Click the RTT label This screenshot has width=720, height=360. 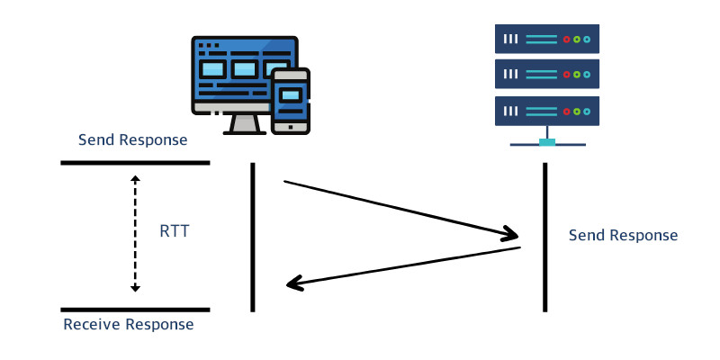[x=174, y=231]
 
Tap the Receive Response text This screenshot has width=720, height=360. [x=128, y=324]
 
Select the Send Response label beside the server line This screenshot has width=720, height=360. [x=623, y=235]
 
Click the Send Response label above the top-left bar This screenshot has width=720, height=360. [x=132, y=139]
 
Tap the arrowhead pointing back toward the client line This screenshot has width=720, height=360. [x=293, y=284]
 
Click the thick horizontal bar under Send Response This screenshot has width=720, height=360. [x=135, y=163]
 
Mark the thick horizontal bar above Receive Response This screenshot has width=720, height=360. [x=135, y=309]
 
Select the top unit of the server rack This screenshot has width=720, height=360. [x=546, y=40]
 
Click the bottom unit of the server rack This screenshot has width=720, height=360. [x=546, y=111]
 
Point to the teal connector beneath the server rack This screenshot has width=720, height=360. [x=546, y=140]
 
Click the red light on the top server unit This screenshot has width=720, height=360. [x=566, y=40]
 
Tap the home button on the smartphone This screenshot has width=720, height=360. [x=291, y=127]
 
